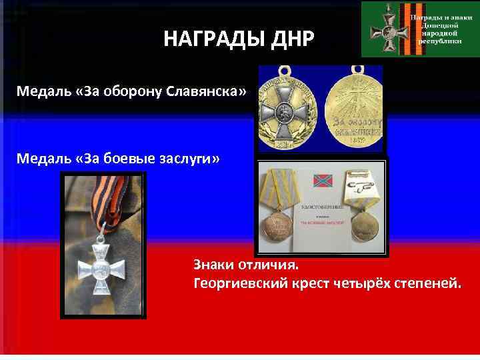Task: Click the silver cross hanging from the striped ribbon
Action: (102, 274)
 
